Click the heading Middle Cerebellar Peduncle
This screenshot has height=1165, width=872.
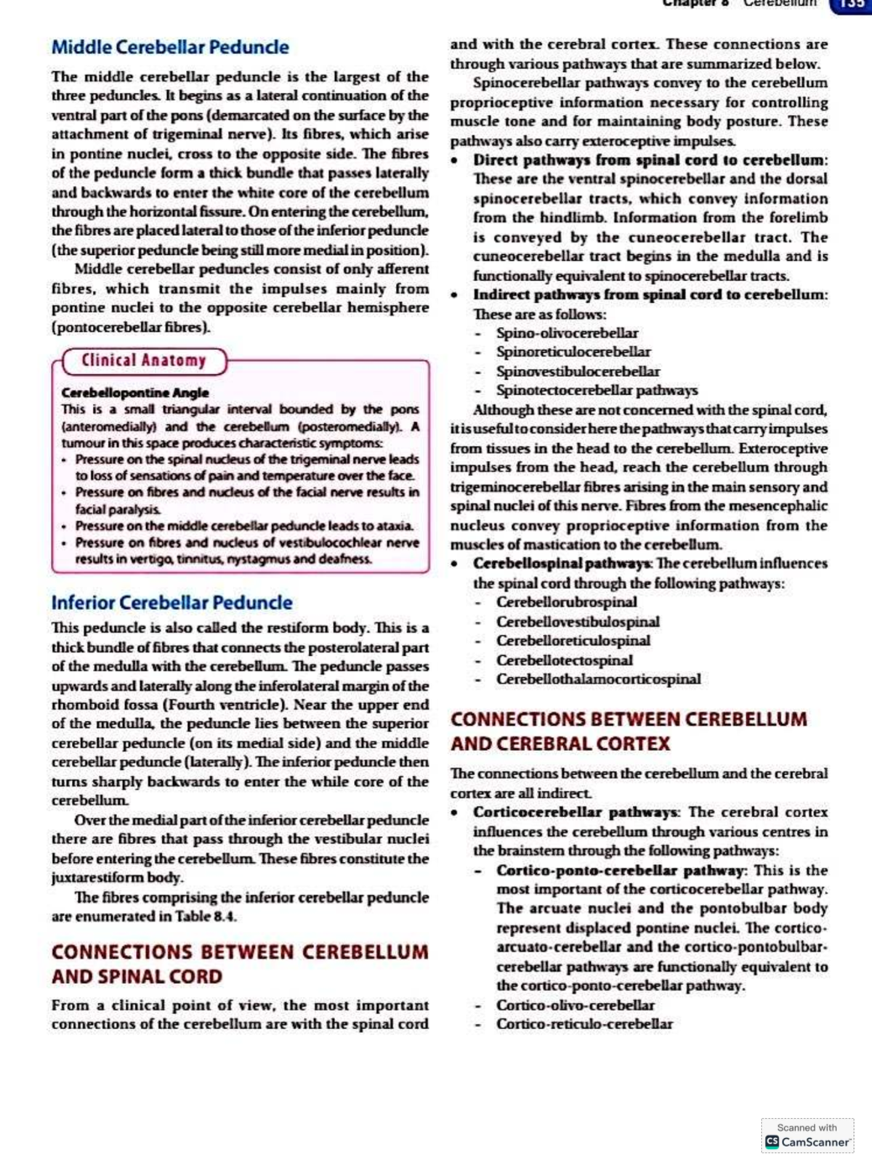click(x=170, y=47)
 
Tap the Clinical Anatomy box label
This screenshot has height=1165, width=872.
click(x=143, y=360)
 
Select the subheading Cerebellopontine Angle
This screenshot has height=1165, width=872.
click(x=134, y=392)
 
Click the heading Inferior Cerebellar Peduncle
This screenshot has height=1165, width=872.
click(x=171, y=603)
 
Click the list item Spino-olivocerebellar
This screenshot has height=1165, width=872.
click(x=567, y=333)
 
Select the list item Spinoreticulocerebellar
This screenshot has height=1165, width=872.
click(x=573, y=352)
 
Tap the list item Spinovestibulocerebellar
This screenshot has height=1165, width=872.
click(x=578, y=371)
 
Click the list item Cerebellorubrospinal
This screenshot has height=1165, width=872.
click(x=566, y=602)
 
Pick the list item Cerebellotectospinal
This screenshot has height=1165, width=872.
click(x=564, y=660)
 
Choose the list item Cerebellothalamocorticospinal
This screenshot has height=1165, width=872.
click(x=598, y=679)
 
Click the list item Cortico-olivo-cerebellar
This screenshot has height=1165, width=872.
click(x=575, y=1005)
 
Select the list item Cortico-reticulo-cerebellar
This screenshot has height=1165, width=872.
click(x=584, y=1024)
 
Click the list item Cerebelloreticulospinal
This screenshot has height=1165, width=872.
click(x=573, y=641)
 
